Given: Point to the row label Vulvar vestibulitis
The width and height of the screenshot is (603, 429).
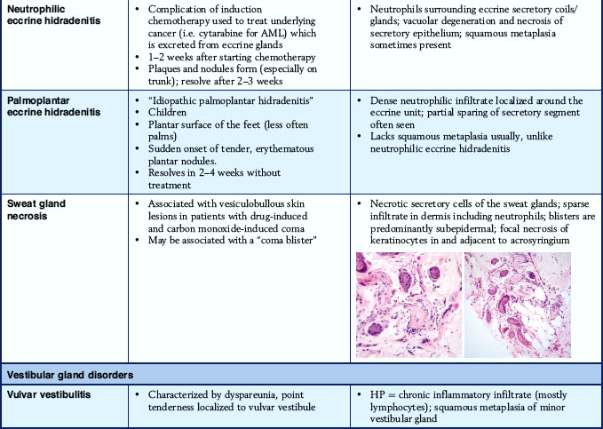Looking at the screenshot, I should [x=48, y=393].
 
